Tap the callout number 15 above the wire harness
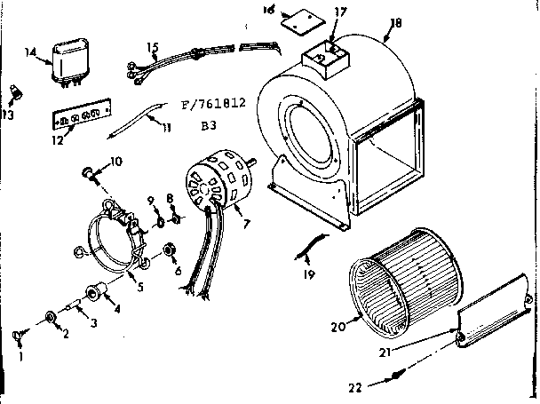click(x=153, y=47)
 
